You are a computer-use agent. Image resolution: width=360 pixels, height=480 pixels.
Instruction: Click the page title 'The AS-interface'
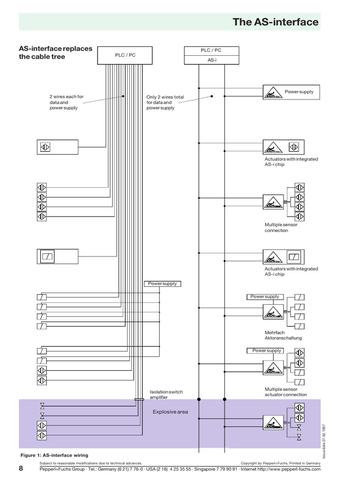[x=276, y=22]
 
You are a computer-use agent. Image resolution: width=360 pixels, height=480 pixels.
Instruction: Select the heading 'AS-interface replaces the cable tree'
[x=55, y=53]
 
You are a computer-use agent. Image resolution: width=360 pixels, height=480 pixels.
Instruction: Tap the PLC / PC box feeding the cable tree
[x=125, y=55]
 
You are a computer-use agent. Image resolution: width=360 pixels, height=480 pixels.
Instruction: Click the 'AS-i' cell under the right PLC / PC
[x=211, y=60]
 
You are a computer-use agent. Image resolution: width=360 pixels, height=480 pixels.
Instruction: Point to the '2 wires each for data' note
[x=66, y=102]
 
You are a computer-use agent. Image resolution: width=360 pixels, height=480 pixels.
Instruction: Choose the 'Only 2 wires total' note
[x=165, y=102]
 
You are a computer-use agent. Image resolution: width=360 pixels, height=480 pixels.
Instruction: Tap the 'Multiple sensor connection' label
[x=281, y=227]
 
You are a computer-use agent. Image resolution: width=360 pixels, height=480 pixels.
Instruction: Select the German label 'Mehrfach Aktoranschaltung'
[x=283, y=335]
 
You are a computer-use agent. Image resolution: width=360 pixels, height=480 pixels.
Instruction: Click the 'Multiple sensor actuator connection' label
[x=285, y=392]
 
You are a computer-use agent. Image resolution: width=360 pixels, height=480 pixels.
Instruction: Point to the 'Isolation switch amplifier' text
[x=166, y=394]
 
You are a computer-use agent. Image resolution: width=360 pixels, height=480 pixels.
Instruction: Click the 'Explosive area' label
[x=170, y=412]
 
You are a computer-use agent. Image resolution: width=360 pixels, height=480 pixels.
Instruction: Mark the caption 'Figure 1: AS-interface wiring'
[x=54, y=455]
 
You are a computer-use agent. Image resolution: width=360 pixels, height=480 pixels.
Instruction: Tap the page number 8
[x=21, y=469]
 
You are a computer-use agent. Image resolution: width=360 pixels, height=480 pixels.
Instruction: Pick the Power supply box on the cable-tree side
[x=162, y=284]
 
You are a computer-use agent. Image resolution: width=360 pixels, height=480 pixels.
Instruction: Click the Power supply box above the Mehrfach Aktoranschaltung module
[x=265, y=296]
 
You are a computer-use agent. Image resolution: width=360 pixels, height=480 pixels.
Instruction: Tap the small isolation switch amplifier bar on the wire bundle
[x=139, y=399]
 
